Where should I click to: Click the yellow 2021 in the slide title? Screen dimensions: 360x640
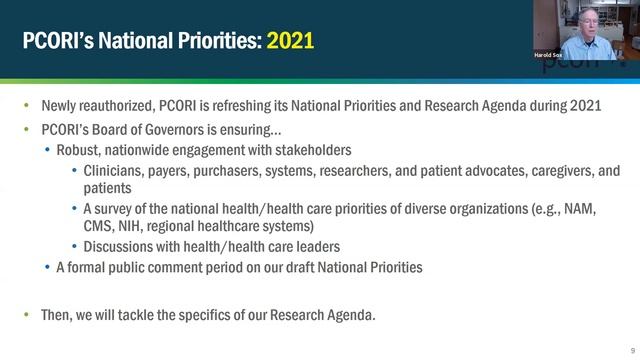290,41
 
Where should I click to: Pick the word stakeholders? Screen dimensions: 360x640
310,150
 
